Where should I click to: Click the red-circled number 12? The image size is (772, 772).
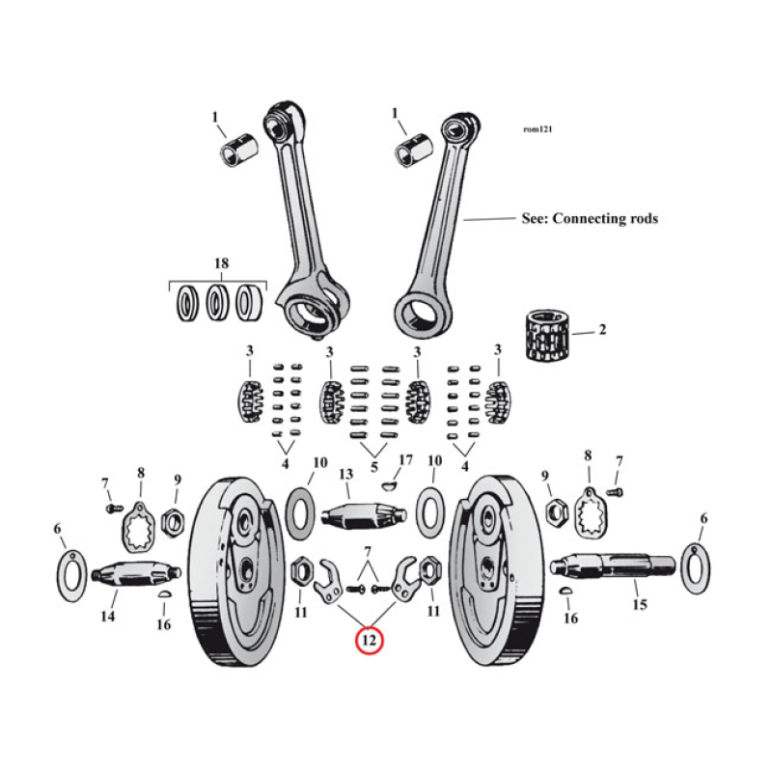370,639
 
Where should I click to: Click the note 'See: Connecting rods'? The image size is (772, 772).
589,219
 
